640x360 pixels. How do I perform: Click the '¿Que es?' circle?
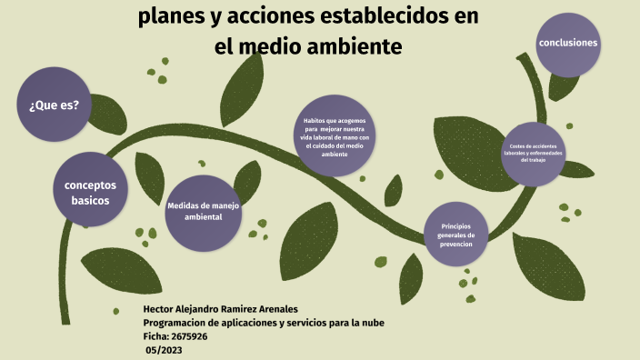[54, 105]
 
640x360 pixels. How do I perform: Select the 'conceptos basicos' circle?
[89, 191]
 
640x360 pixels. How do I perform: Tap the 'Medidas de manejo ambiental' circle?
[203, 212]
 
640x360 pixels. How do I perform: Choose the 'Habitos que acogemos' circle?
[334, 136]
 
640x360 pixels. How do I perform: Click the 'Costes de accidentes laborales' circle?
[533, 153]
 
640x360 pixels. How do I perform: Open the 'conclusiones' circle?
[568, 43]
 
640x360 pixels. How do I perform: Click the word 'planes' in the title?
[173, 18]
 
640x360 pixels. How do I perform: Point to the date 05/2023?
[165, 349]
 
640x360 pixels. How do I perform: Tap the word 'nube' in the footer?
[382, 323]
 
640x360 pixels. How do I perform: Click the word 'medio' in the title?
[271, 45]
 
